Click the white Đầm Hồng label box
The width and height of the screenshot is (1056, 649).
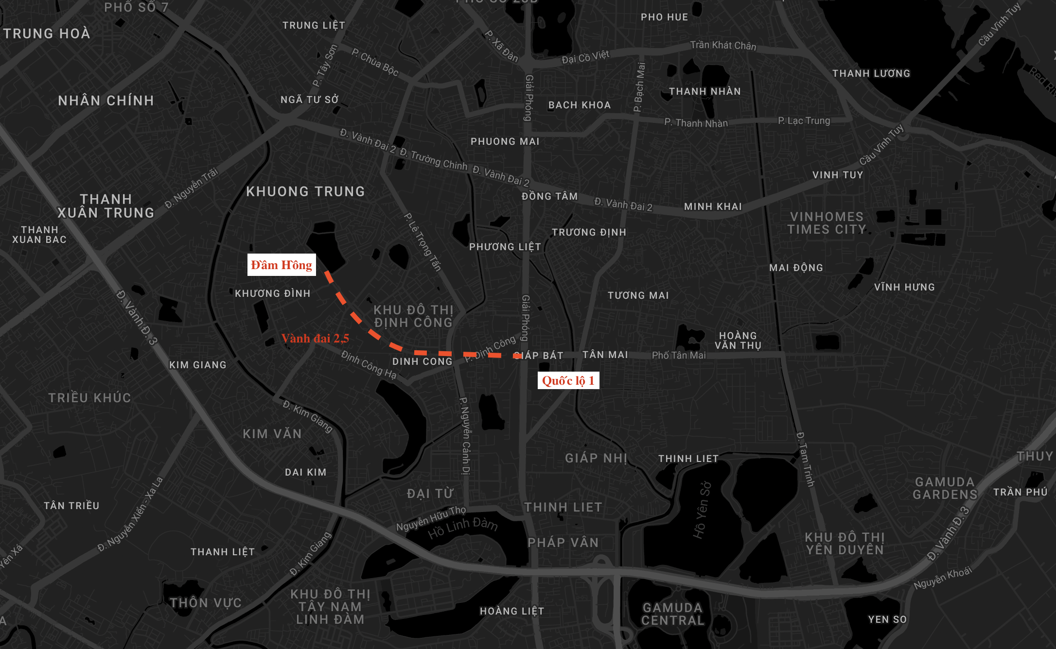coord(282,265)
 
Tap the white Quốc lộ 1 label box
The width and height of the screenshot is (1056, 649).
coord(568,380)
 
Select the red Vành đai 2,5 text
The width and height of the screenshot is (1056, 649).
coord(315,339)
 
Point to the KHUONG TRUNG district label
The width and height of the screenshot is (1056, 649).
coord(305,191)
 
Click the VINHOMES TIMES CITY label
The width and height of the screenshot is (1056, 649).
coord(827,223)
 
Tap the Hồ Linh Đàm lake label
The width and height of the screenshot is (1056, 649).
coord(462,528)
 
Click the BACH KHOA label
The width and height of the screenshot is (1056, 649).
coord(580,105)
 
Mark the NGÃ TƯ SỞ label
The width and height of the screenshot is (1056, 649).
coord(309,100)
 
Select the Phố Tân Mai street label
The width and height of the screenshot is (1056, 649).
coord(678,355)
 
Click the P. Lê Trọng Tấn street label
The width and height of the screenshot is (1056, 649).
coord(422,241)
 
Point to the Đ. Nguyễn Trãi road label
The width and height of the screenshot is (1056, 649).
coord(191,188)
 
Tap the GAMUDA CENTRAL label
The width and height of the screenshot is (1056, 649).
coord(672,614)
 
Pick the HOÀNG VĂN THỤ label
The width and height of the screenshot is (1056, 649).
coord(738,340)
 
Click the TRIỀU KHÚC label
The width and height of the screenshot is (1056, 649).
coord(89,398)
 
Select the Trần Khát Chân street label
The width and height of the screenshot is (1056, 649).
coord(723,45)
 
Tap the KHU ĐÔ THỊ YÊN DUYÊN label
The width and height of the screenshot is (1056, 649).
coord(845,544)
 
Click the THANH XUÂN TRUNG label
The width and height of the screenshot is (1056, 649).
coord(106,206)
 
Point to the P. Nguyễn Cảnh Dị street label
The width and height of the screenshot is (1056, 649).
coord(465,435)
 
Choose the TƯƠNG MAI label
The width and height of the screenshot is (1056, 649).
coord(638,295)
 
